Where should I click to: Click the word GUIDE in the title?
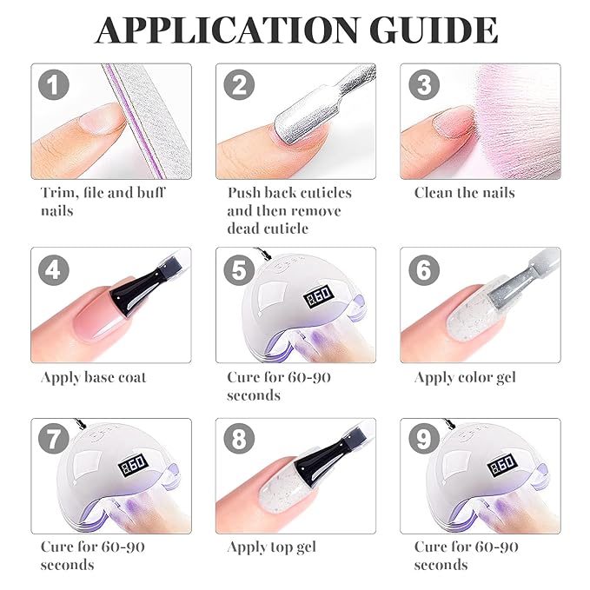434,30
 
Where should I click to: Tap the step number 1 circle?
54,84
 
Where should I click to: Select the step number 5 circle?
239,269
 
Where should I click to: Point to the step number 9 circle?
424,439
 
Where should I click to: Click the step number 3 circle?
424,84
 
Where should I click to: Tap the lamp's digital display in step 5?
318,295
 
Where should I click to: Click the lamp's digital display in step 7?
132,465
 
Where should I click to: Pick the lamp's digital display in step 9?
502,465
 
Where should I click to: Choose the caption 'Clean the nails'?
465,193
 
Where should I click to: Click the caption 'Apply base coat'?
93,377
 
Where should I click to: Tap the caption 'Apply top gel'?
272,547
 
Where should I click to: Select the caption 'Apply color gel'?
465,378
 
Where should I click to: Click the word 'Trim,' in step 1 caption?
60,193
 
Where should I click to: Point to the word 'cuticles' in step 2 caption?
321,193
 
